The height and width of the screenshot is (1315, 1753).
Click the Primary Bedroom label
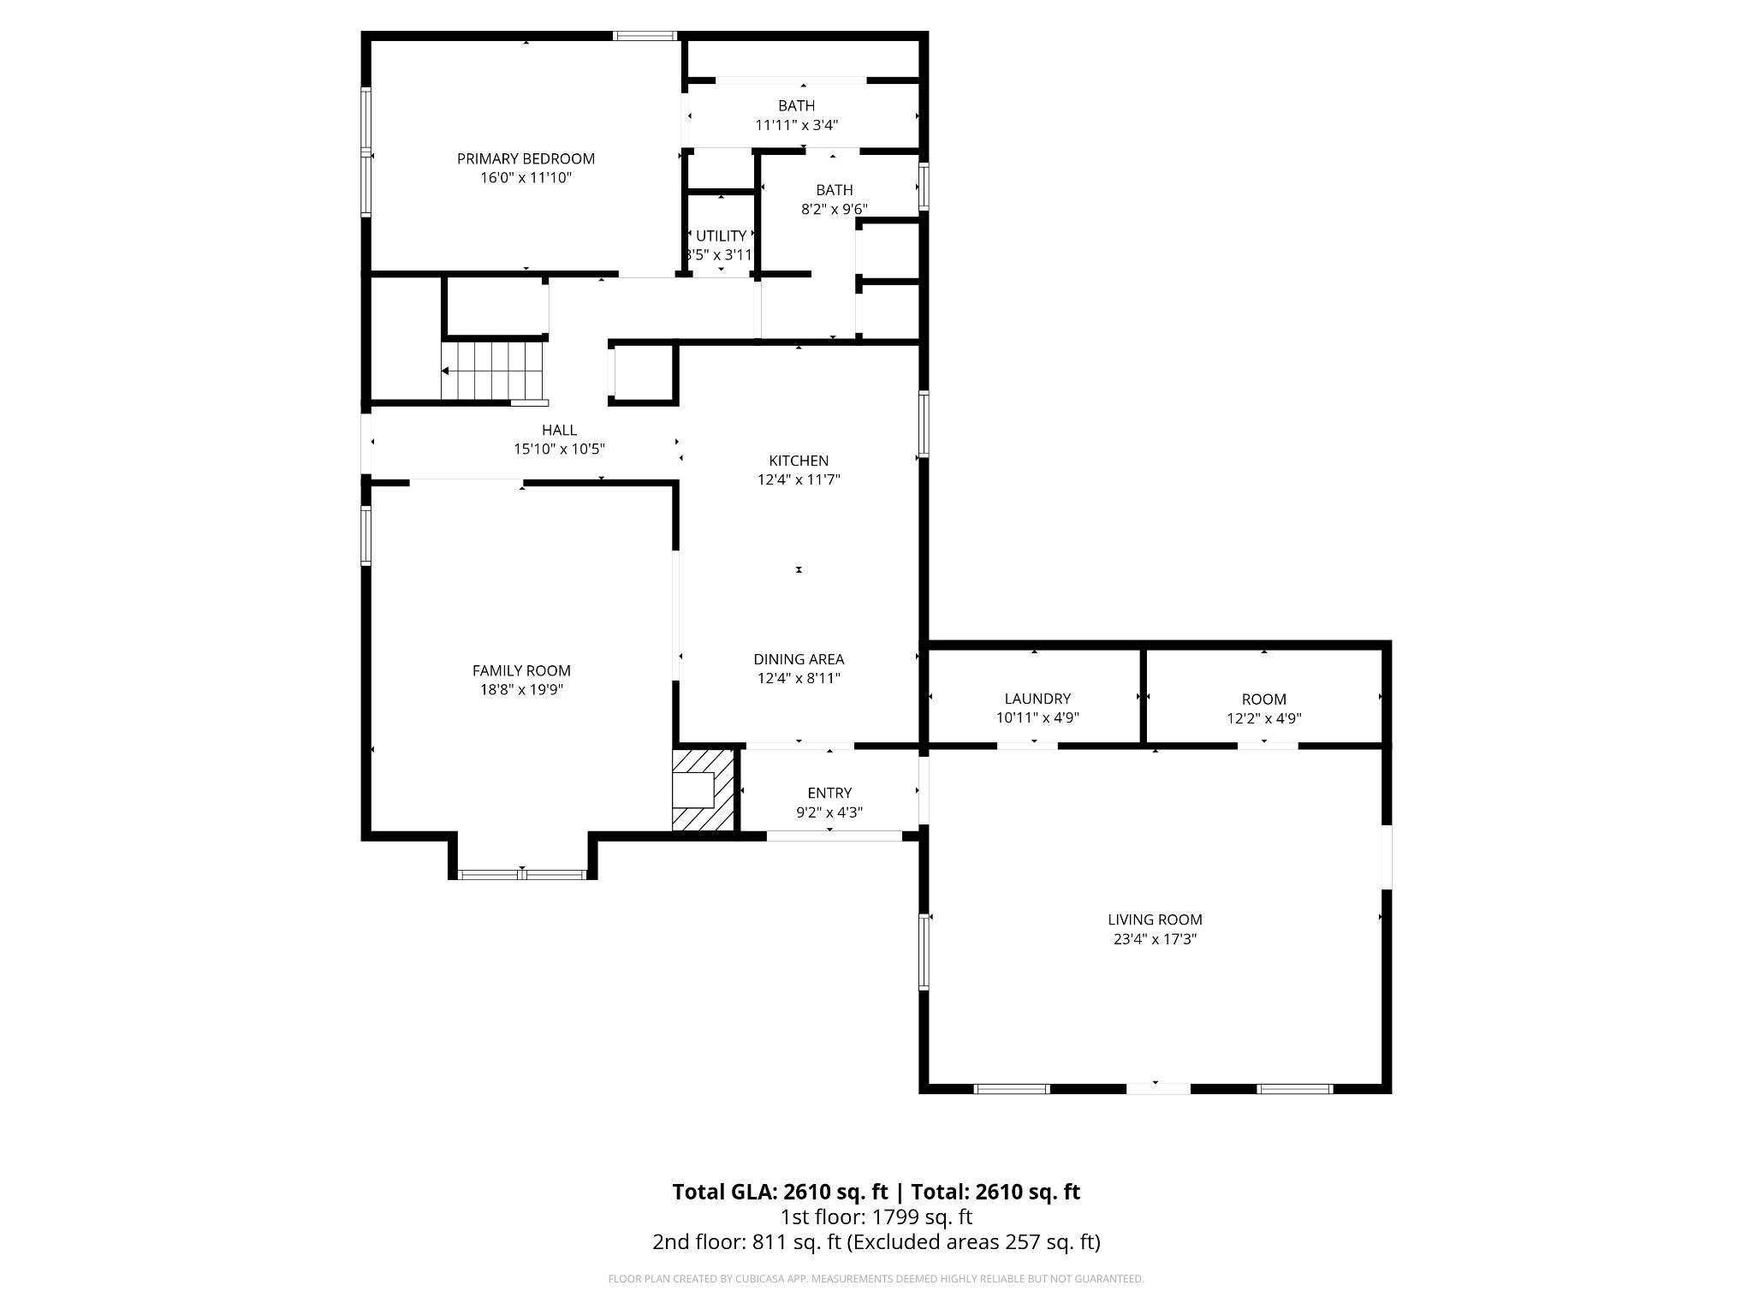point(526,158)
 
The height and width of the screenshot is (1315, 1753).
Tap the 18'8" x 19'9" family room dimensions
point(521,690)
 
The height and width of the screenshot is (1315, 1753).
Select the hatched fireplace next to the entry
point(704,790)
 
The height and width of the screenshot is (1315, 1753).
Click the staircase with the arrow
point(492,371)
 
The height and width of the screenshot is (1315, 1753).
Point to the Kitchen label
point(799,461)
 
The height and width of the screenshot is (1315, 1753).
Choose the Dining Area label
point(799,659)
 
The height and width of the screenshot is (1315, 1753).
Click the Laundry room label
point(1037,699)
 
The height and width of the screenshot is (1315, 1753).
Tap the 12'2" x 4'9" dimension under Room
point(1263,719)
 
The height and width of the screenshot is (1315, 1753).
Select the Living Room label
point(1155,919)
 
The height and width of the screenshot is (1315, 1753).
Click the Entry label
point(829,793)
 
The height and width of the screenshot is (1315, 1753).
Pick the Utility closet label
point(721,236)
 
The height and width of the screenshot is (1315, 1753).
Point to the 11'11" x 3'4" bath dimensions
point(796,125)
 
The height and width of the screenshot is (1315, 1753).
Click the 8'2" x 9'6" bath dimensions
point(834,209)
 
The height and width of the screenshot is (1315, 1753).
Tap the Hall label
point(559,430)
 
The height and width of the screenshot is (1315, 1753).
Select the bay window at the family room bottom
point(521,874)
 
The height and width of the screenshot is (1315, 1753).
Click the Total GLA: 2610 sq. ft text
point(779,1192)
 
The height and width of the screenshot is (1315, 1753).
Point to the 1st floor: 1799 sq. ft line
point(876,1217)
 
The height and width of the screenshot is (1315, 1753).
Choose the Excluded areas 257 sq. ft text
point(973,1241)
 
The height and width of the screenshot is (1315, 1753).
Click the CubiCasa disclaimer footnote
point(876,1279)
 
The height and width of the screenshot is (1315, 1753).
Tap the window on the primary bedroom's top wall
point(645,36)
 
